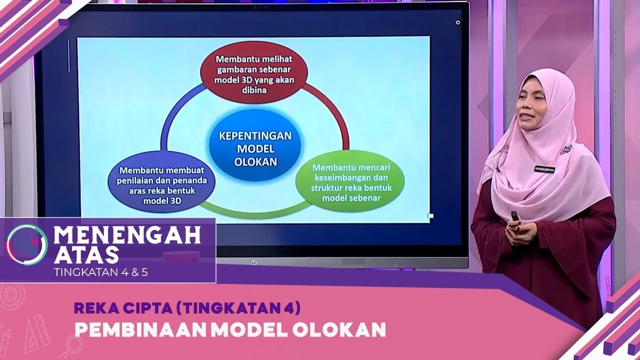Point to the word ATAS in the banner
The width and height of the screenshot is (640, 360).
[x=86, y=255]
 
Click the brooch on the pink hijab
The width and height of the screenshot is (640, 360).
[x=568, y=147]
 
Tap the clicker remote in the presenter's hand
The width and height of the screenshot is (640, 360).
[x=515, y=216]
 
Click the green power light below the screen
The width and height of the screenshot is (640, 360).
[x=254, y=262]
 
